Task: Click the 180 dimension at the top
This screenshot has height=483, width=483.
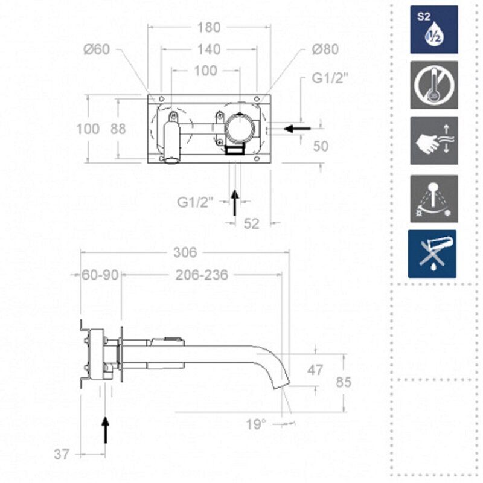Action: [208, 28]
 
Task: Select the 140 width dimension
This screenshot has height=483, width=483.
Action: [208, 50]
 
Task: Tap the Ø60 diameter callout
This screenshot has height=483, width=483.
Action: [97, 50]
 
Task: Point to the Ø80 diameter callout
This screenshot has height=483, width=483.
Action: [325, 50]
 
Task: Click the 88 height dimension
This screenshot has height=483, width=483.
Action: [118, 129]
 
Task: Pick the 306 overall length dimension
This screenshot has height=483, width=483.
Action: [185, 252]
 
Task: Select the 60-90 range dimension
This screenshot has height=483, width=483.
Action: [100, 275]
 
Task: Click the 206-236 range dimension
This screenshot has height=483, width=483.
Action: [202, 275]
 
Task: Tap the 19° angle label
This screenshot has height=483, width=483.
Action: [255, 424]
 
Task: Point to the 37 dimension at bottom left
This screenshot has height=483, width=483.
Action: [62, 455]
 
